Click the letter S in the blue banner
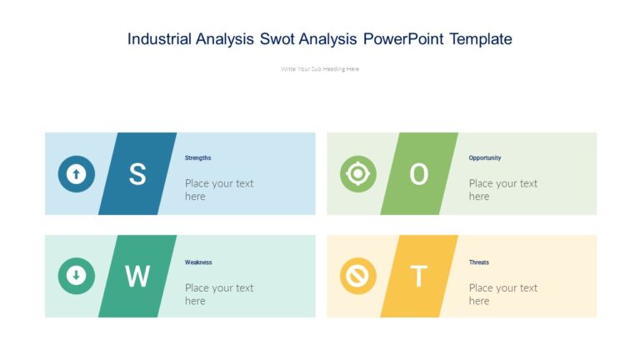tap(137, 174)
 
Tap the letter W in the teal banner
tap(137, 277)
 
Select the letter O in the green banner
tap(419, 174)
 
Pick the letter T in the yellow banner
tap(419, 277)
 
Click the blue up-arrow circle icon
tap(76, 174)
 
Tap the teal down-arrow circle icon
tap(76, 276)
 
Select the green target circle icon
tap(358, 174)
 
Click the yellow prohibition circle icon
tap(358, 276)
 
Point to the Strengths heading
tap(198, 157)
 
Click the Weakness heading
tap(198, 262)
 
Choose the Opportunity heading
tap(485, 157)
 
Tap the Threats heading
tap(479, 262)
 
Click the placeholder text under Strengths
tap(218, 190)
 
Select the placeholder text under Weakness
tap(218, 294)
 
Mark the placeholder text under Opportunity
tap(502, 190)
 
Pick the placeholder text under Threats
tap(502, 294)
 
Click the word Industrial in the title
tap(159, 39)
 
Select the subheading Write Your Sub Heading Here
tap(320, 69)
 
